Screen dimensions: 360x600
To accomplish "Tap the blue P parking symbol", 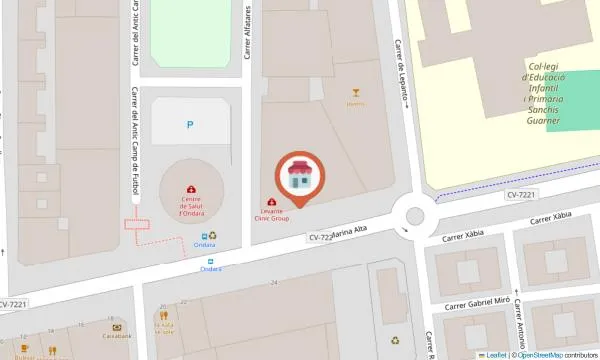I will (190, 125).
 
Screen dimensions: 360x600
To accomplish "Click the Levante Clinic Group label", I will (272, 215).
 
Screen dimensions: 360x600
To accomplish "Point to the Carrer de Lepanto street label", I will (402, 70).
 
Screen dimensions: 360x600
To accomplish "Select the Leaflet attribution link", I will (494, 355).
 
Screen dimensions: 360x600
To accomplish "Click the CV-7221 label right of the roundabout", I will (522, 195).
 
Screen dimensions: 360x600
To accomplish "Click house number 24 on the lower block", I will (273, 283).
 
